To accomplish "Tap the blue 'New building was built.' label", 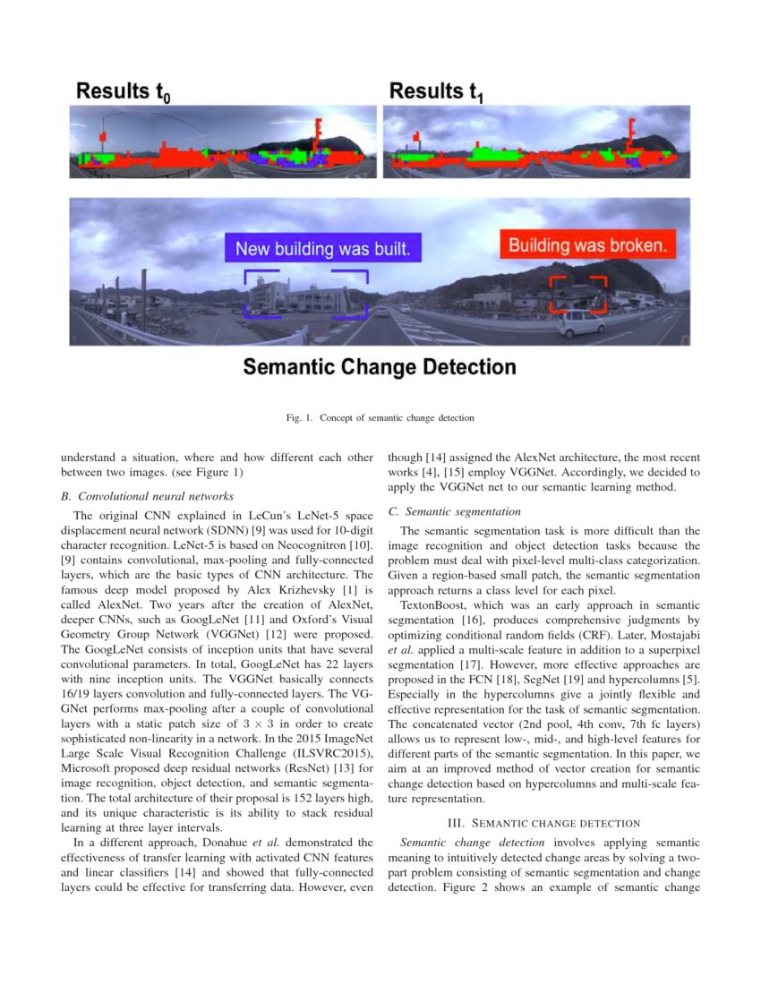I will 322,249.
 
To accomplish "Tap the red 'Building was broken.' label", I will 587,245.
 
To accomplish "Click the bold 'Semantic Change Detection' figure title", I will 380,367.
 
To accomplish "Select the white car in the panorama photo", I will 580,322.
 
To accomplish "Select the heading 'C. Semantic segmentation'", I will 454,511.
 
